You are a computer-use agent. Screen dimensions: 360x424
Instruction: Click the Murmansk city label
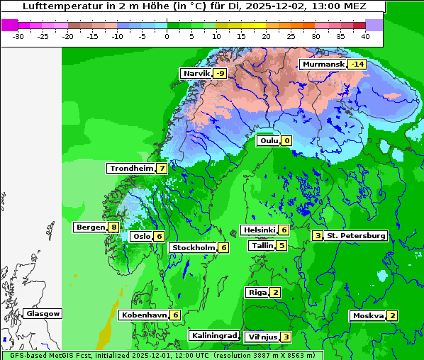[323, 64]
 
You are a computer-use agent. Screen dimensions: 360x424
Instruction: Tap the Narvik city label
[196, 74]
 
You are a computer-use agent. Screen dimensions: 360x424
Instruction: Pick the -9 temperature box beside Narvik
[220, 74]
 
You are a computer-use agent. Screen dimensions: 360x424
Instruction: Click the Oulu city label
[269, 141]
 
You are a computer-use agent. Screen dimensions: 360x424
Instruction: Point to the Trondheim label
[131, 169]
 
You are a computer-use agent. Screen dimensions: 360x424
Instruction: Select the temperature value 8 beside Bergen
[113, 227]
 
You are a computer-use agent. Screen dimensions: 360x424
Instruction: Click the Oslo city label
[140, 237]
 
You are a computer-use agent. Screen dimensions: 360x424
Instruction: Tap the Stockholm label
[192, 247]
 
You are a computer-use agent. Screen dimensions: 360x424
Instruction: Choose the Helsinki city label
[258, 230]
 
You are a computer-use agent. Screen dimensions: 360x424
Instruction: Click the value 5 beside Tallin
[281, 246]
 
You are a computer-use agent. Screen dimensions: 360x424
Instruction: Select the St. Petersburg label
[355, 235]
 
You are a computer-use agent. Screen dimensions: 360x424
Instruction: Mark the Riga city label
[257, 292]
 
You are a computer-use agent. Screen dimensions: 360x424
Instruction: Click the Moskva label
[368, 316]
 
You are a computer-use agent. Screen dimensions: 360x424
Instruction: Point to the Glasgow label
[43, 313]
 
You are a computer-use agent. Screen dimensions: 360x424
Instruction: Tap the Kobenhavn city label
[144, 315]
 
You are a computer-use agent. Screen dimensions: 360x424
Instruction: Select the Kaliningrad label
[213, 335]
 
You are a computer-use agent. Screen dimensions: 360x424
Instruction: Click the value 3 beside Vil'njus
[286, 337]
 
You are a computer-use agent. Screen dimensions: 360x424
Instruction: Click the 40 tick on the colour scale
[365, 35]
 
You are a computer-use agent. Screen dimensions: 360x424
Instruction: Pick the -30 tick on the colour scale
[19, 35]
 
